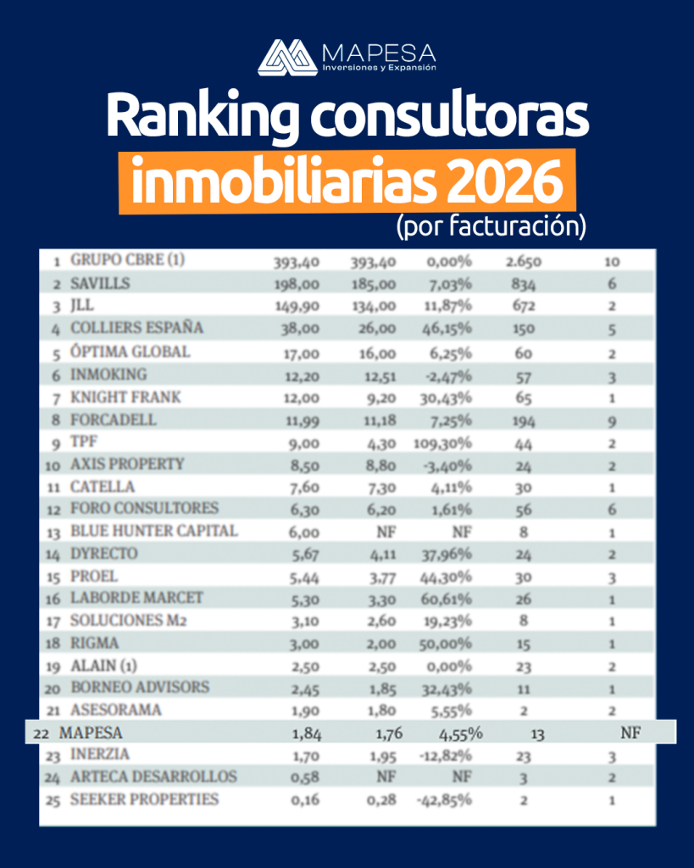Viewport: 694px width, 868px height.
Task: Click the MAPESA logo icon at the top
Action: [287, 58]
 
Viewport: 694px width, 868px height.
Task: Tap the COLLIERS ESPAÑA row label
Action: [137, 328]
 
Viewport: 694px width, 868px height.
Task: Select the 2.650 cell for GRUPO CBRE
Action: [524, 262]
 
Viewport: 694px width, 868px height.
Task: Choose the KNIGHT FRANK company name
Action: [126, 397]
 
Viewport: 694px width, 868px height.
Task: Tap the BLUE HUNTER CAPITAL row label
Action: [154, 531]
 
